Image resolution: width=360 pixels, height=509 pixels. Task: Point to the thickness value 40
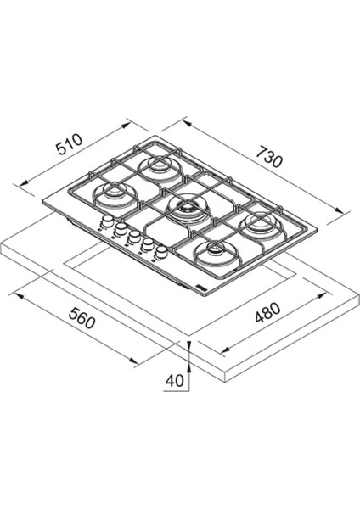(175, 382)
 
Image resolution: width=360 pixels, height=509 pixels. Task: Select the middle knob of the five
(133, 237)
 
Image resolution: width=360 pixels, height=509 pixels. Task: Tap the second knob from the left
(121, 230)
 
